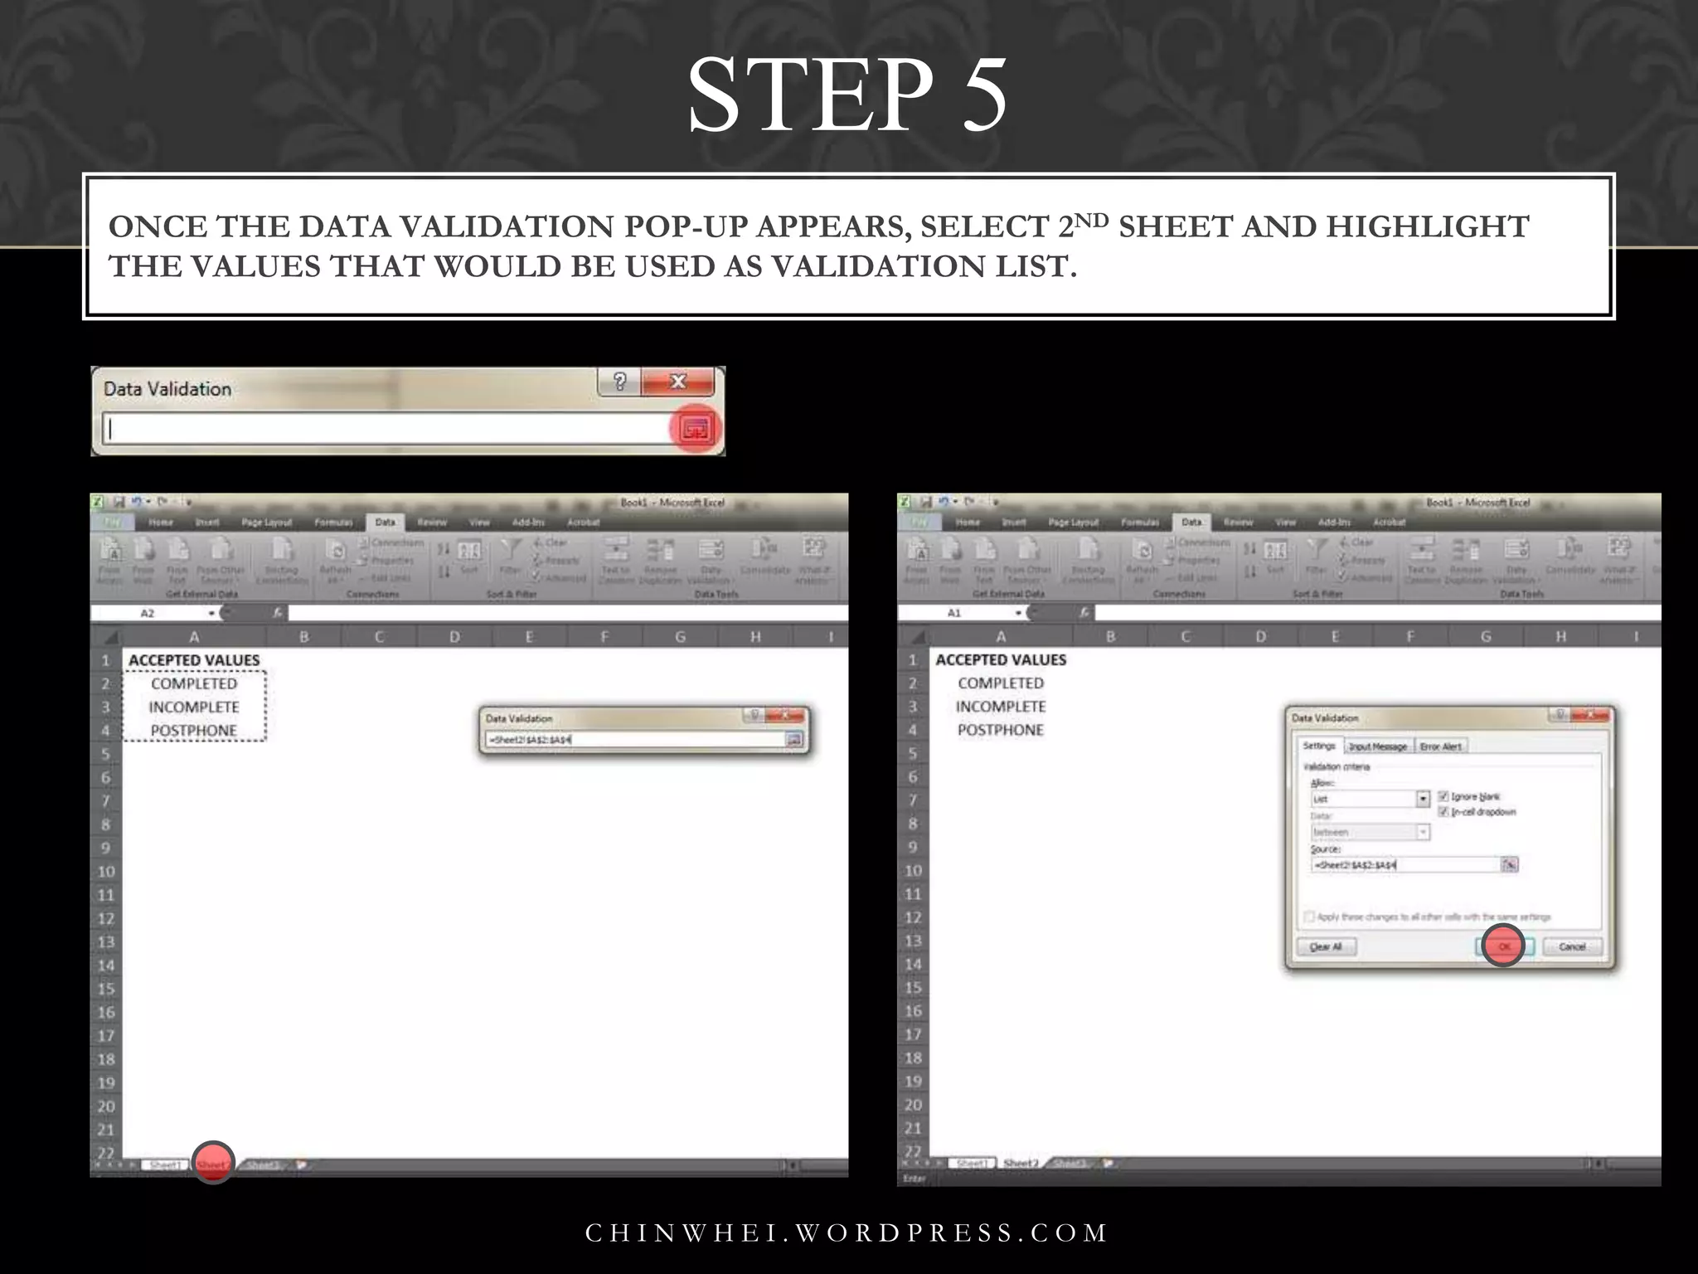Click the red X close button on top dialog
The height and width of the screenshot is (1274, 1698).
[678, 382]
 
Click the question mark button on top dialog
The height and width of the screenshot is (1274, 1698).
[619, 382]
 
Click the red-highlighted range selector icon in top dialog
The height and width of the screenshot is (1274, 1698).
[695, 429]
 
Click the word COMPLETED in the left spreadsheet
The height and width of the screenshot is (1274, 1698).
[194, 683]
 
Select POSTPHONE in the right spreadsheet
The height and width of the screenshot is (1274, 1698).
[1000, 730]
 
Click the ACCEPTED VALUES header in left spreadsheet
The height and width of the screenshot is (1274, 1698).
[194, 660]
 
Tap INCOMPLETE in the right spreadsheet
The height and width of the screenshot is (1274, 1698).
[1000, 707]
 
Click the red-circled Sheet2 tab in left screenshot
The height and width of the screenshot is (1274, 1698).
[212, 1164]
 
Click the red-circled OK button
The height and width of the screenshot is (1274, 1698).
[1503, 946]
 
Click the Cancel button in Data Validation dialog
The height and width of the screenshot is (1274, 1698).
[1572, 946]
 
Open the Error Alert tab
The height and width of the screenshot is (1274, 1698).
[1440, 746]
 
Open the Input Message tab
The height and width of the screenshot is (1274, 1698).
[1377, 746]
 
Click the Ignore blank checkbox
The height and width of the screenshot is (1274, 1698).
[1443, 796]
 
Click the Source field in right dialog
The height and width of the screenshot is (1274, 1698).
[1404, 865]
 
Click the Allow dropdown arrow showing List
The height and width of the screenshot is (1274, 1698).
[1423, 799]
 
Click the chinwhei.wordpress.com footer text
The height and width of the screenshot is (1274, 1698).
[847, 1233]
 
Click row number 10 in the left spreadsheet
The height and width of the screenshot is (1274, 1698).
[106, 872]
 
